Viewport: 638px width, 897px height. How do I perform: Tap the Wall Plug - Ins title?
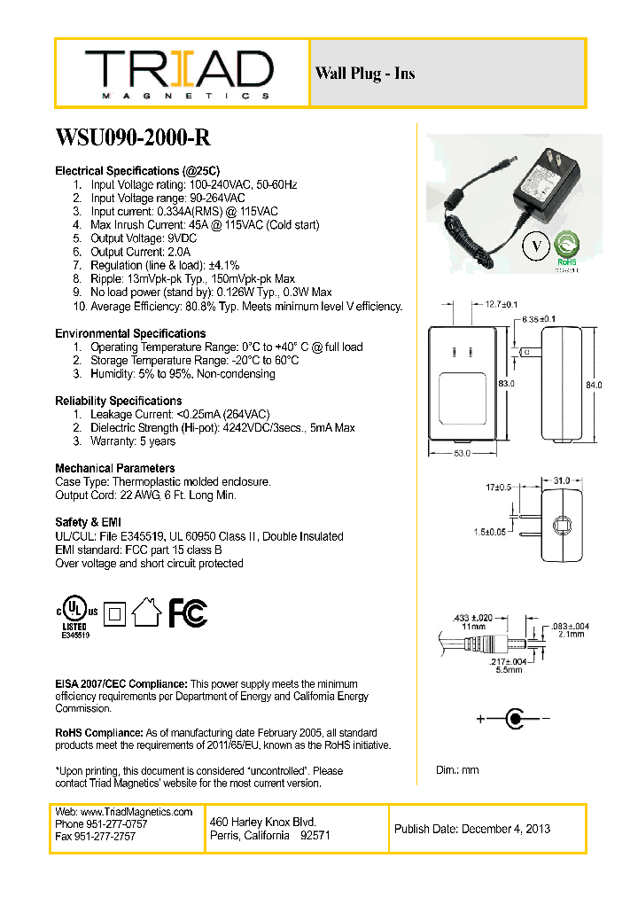[364, 74]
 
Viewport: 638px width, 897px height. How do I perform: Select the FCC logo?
[188, 612]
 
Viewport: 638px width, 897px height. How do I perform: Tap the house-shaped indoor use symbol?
[146, 612]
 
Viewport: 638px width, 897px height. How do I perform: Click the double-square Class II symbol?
[113, 612]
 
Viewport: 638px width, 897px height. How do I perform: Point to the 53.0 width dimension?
[463, 454]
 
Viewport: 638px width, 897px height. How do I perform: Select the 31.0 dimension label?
[561, 480]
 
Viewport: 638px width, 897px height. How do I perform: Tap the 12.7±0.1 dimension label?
[502, 304]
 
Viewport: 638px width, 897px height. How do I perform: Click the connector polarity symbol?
[514, 718]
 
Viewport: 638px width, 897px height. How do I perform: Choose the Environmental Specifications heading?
[130, 333]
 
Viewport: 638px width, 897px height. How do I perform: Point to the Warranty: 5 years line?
[133, 441]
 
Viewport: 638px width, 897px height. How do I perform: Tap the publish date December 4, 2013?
[472, 829]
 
